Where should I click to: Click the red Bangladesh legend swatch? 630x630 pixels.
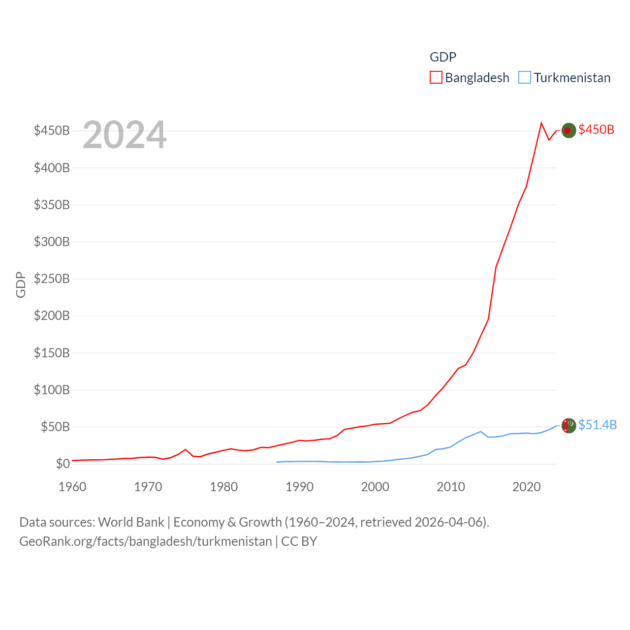[436, 78]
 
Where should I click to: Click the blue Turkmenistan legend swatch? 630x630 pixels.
[525, 78]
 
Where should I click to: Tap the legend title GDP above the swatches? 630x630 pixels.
[443, 57]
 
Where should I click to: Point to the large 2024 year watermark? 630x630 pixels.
[125, 135]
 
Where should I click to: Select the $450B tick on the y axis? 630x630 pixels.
[52, 130]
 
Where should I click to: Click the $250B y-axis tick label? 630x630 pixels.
[52, 279]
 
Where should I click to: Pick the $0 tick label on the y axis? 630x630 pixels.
[63, 464]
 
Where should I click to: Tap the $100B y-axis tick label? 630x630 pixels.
[52, 390]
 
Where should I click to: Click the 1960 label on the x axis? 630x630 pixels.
[72, 487]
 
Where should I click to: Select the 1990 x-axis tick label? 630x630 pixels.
[299, 487]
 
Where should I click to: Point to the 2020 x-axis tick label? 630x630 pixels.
[527, 487]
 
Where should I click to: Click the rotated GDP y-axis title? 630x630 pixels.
[21, 284]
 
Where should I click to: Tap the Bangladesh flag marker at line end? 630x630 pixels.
[568, 130]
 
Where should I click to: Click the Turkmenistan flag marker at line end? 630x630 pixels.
[568, 425]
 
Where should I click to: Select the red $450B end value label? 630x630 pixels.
[597, 129]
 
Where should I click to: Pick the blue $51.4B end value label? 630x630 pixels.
[598, 425]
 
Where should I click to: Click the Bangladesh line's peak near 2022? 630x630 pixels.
[541, 123]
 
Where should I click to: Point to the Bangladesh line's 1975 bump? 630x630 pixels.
[186, 449]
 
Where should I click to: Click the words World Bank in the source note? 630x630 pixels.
[131, 522]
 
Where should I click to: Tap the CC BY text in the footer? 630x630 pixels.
[299, 541]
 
